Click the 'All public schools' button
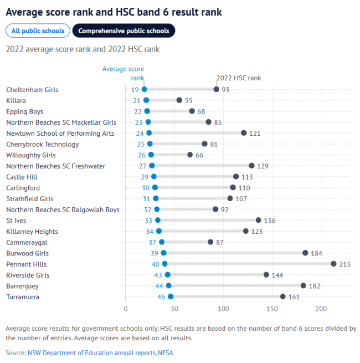(x=38, y=31)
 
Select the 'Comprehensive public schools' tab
(x=124, y=31)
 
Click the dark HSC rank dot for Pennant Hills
(x=333, y=264)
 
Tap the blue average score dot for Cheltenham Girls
(x=144, y=89)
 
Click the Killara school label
(x=16, y=100)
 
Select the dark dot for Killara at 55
(x=179, y=100)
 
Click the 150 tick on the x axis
(x=272, y=309)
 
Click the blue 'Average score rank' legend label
(x=124, y=73)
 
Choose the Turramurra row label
(x=23, y=297)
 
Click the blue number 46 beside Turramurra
(x=161, y=297)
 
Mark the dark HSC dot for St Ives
(x=259, y=221)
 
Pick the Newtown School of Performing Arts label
(x=60, y=133)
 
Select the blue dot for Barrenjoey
(x=169, y=286)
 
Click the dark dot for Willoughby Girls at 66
(x=190, y=155)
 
